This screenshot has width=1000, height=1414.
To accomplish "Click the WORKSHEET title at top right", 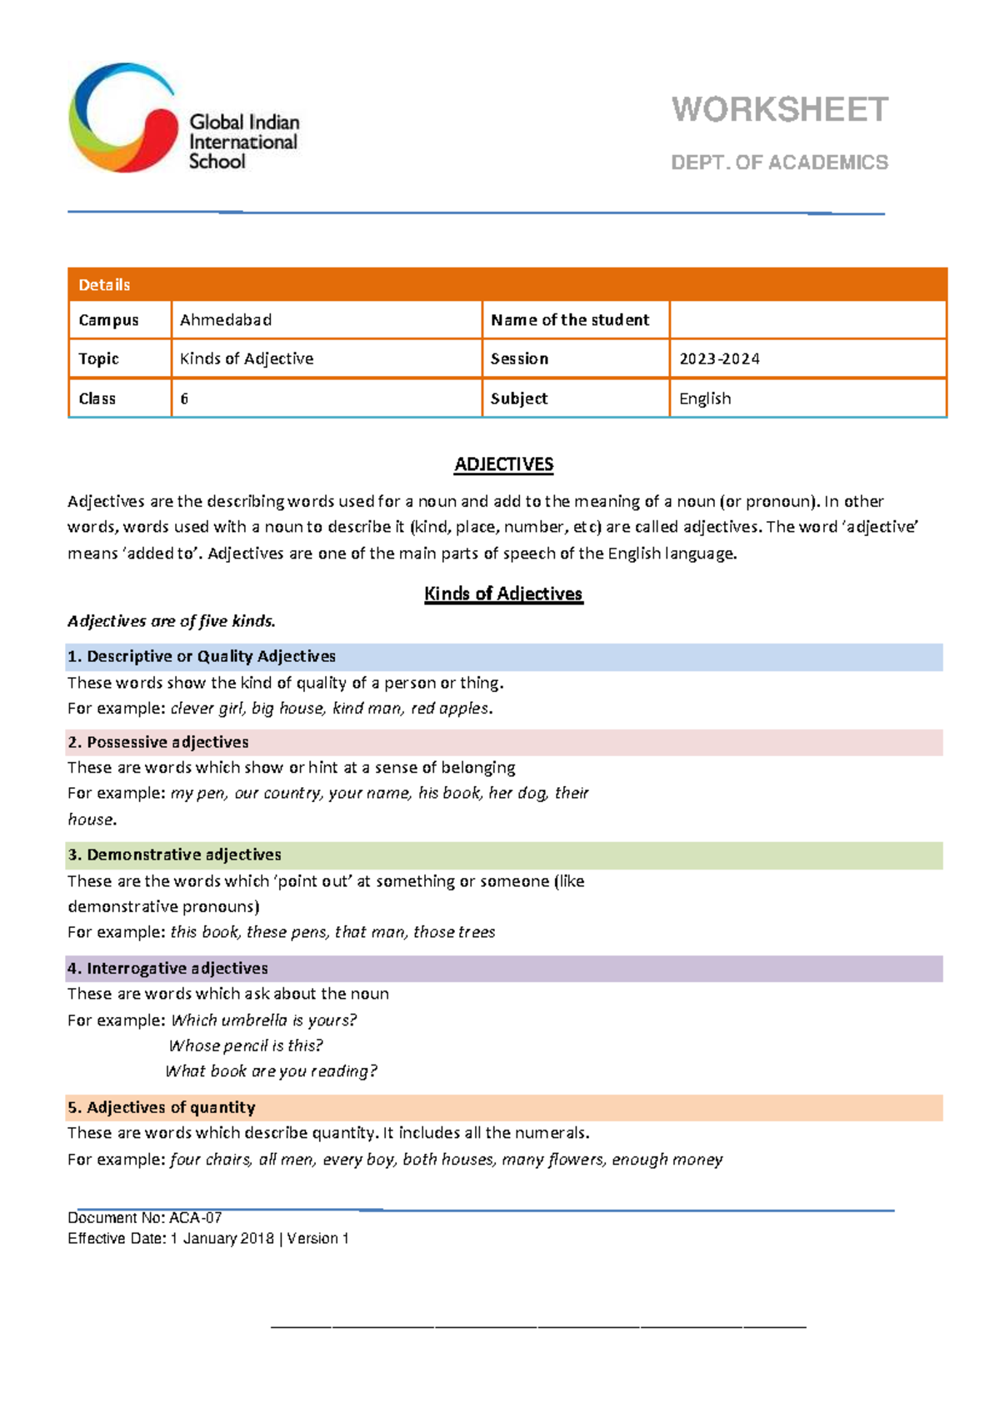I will (x=779, y=110).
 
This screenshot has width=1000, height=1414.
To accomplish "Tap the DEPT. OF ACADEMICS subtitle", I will (x=779, y=163).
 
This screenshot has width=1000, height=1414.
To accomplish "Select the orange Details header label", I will (x=104, y=285).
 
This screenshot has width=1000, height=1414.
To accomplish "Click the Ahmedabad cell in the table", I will (x=226, y=320).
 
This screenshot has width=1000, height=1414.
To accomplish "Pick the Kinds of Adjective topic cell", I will (x=247, y=359).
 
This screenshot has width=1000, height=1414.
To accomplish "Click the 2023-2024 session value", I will (x=719, y=359).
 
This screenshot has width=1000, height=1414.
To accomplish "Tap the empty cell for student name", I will (x=807, y=320).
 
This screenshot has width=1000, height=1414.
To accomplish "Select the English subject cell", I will (x=705, y=399).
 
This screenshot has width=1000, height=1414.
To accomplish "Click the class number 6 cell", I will (x=185, y=399).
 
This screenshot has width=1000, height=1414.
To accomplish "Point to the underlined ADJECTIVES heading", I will (x=503, y=464).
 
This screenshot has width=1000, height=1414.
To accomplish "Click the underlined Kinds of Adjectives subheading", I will (x=503, y=594).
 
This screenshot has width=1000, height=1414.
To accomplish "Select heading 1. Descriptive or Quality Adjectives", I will (x=202, y=657).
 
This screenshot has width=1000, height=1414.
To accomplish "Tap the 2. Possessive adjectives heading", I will (x=158, y=742).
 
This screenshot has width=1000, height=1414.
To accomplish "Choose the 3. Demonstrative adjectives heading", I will (x=174, y=855).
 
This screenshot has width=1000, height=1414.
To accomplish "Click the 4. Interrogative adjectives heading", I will (x=167, y=968).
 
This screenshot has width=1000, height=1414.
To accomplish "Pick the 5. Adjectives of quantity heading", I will (x=162, y=1107).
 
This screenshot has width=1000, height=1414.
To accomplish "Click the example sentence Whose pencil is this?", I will (x=246, y=1045).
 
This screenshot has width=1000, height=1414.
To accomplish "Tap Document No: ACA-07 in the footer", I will (x=144, y=1218).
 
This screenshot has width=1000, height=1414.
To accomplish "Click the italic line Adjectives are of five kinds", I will (x=172, y=621).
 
